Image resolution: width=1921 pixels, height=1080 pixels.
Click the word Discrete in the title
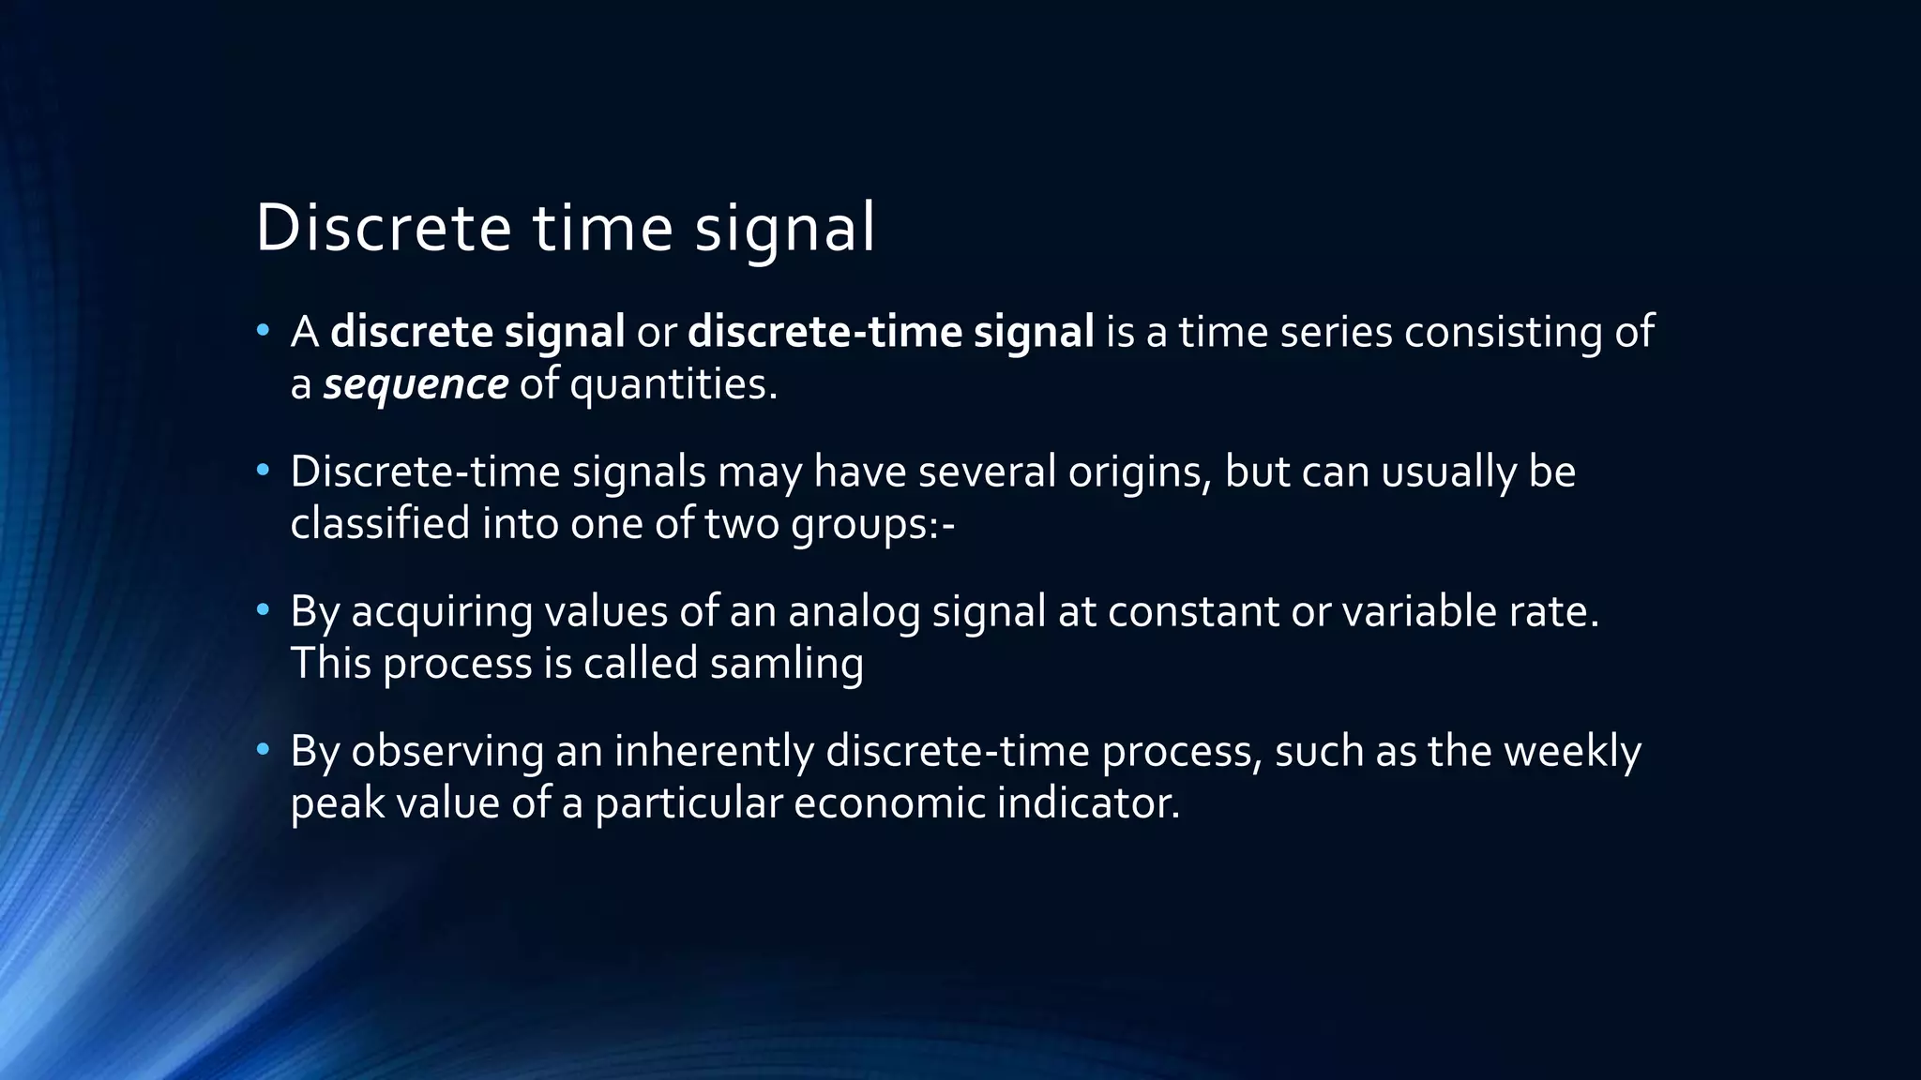coord(383,228)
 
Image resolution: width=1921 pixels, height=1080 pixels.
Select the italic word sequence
coord(416,384)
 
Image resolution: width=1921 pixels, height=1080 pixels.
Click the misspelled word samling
coord(786,663)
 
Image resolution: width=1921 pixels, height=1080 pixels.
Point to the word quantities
coord(673,384)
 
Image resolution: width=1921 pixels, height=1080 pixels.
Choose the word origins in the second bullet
coord(1139,472)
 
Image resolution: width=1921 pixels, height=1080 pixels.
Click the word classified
coord(380,523)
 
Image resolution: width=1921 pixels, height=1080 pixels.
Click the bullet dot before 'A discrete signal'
coord(264,331)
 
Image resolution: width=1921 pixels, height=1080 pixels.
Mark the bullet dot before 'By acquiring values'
coord(264,611)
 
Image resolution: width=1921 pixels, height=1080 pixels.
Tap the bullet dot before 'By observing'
coord(264,750)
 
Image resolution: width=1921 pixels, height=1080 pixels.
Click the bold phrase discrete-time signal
coord(890,332)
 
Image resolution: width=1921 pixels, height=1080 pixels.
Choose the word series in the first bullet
coord(1336,332)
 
